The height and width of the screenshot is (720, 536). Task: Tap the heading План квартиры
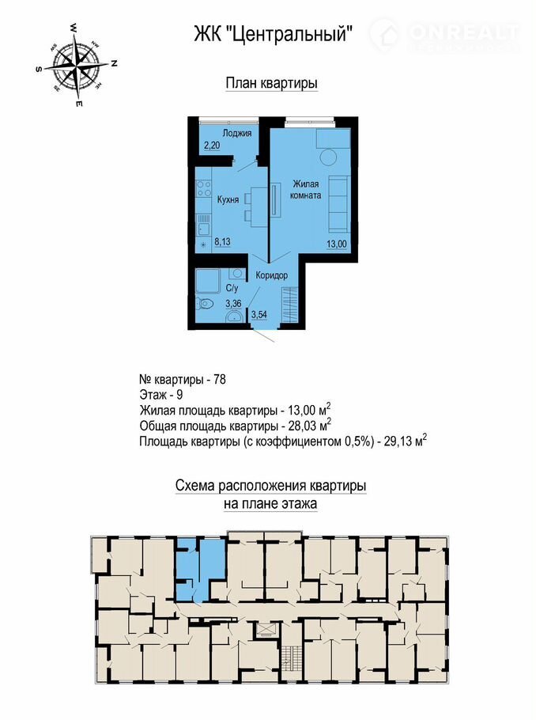click(272, 84)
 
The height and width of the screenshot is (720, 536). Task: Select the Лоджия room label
click(237, 133)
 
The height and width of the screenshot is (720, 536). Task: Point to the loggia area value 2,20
click(212, 146)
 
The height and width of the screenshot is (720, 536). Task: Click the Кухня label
click(228, 199)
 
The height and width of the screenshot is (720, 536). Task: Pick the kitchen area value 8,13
click(222, 242)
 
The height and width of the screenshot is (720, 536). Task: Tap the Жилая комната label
click(305, 190)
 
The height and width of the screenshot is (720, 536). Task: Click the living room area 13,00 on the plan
click(337, 244)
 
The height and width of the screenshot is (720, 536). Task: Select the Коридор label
click(272, 275)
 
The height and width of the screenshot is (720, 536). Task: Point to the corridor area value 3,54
click(259, 315)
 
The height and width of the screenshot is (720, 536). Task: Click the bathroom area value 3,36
click(233, 304)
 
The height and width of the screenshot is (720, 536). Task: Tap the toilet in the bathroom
click(203, 303)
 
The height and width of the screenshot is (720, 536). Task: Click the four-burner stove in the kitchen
click(204, 189)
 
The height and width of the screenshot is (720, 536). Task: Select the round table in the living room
click(329, 159)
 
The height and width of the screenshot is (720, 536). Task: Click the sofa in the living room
click(339, 203)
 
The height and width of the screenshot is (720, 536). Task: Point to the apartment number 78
click(220, 381)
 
